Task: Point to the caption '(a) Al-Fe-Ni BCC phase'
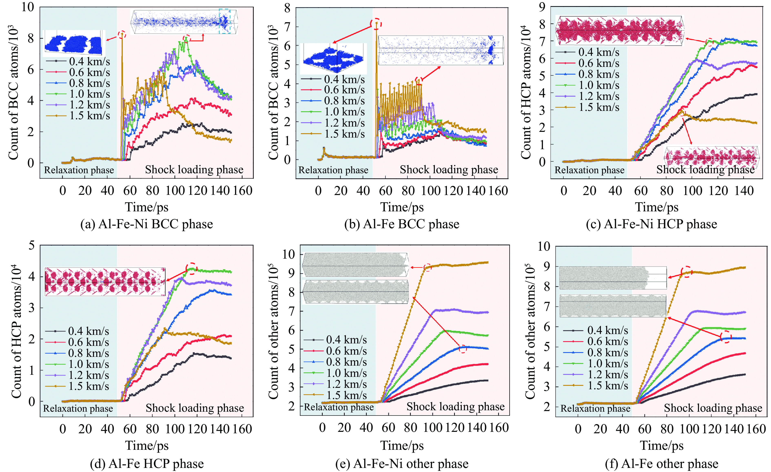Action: (x=146, y=224)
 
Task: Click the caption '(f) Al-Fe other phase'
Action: (x=661, y=464)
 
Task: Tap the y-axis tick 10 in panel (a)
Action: (x=28, y=7)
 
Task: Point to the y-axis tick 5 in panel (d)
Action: (x=31, y=245)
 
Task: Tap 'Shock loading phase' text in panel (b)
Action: (x=449, y=170)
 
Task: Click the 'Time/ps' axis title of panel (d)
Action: (x=147, y=446)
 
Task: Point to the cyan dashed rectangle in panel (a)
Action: (x=225, y=21)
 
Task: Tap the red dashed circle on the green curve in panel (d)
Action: (x=192, y=269)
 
